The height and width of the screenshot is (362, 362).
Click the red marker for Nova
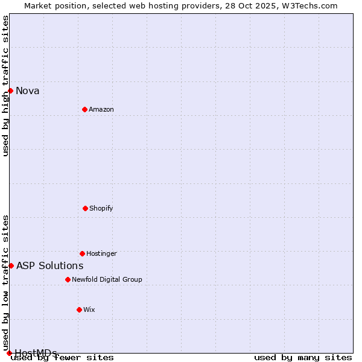[x=10, y=91]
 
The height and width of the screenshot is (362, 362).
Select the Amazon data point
[x=84, y=109]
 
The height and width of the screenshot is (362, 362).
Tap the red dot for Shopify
[x=85, y=208]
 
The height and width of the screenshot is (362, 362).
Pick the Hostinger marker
[x=82, y=253]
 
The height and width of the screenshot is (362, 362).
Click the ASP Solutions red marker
[x=11, y=265]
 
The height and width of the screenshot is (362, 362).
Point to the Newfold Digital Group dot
[x=68, y=279]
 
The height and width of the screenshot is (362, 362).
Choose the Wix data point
[x=79, y=310]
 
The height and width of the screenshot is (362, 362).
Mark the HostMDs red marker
[x=9, y=353]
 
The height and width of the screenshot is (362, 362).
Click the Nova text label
[x=28, y=91]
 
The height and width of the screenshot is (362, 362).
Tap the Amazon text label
[x=101, y=109]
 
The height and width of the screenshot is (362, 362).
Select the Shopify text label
[x=101, y=208]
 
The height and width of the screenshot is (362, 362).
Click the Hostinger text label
[x=101, y=253]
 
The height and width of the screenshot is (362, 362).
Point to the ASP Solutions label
[x=50, y=265]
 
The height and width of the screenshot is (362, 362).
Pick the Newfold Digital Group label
[x=107, y=279]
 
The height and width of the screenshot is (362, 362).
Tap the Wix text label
[x=89, y=310]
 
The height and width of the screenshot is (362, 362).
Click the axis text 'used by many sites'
[x=303, y=358]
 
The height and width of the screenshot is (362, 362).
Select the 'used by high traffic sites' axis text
[x=5, y=86]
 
